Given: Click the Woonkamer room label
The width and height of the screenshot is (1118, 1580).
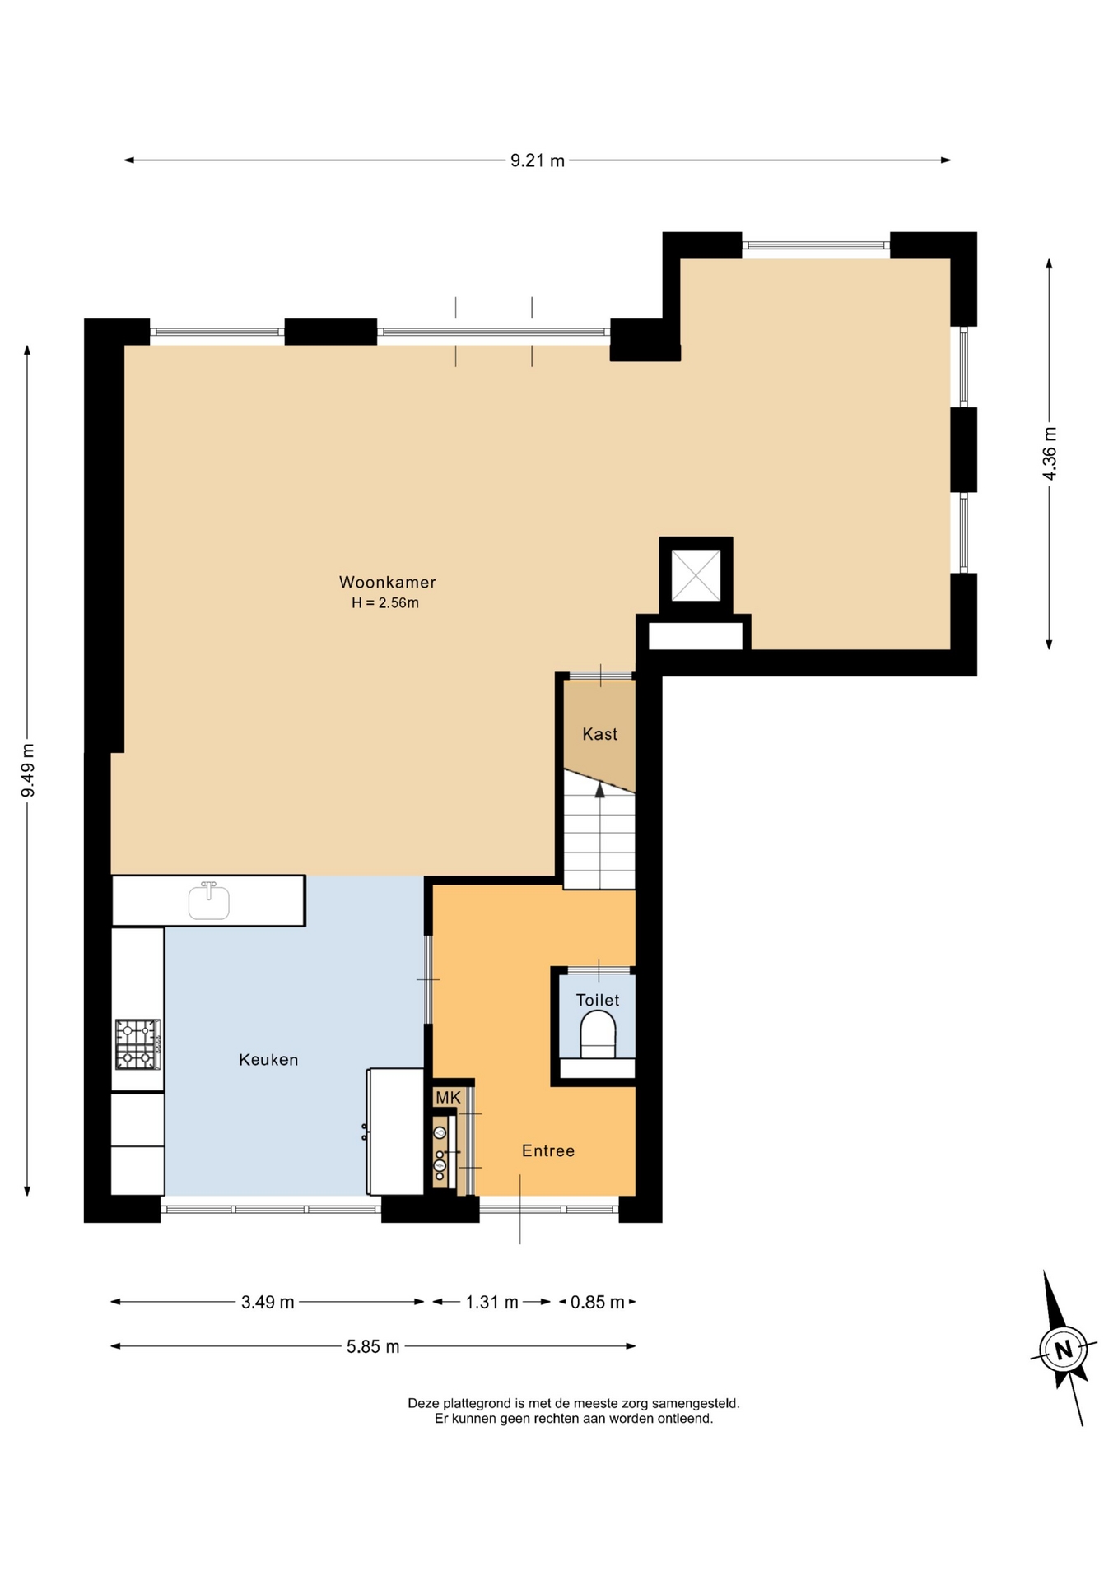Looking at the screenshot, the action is click(388, 582).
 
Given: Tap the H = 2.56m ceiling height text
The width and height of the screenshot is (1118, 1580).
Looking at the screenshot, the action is click(385, 603).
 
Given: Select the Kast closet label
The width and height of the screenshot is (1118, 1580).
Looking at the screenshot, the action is click(599, 734).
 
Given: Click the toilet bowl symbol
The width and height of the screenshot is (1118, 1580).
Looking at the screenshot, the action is click(598, 1034).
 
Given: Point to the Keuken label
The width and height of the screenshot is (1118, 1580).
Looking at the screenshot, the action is click(268, 1060).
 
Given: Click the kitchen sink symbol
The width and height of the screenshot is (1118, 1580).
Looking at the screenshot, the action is click(208, 900).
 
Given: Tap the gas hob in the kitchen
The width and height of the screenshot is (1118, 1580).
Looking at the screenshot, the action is click(137, 1044).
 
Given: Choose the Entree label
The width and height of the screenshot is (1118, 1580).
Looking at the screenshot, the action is click(548, 1150).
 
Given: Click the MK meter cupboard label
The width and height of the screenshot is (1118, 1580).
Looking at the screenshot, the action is click(448, 1098).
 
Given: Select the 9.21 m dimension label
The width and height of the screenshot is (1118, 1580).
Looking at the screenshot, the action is click(538, 160).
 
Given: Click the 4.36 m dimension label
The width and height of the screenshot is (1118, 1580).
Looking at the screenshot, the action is click(1050, 453).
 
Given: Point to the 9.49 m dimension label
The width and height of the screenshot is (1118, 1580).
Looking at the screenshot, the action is click(28, 770).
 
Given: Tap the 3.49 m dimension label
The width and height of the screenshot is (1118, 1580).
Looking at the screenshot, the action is click(268, 1302).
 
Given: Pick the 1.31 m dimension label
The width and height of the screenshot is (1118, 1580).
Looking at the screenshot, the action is click(492, 1302).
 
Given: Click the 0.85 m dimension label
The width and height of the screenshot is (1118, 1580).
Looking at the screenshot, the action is click(598, 1302).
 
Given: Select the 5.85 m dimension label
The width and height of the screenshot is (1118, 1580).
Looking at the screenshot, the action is click(373, 1346).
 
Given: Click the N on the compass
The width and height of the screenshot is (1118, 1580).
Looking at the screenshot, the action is click(1064, 1350).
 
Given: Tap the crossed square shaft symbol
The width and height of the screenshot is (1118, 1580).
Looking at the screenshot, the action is click(696, 575).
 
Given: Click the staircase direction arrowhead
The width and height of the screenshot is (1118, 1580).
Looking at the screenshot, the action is click(599, 790).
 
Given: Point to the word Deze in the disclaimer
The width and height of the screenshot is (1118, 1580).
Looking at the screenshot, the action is click(424, 1403).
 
